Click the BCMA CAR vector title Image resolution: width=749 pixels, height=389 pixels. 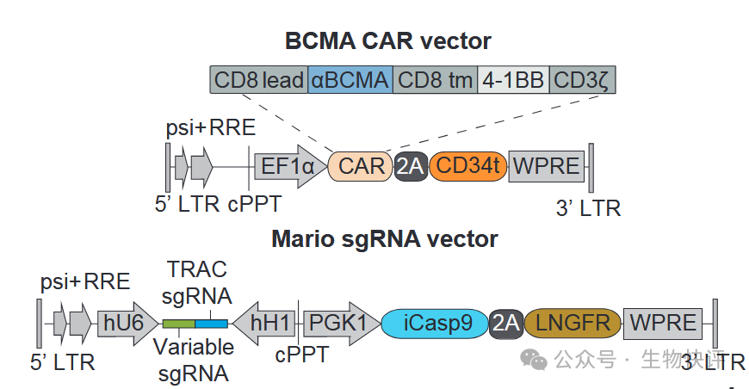(387, 40)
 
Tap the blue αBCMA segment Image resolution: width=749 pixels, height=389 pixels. (350, 81)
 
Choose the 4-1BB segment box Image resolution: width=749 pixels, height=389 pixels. (513, 81)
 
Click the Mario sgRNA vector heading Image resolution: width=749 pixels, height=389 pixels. (385, 238)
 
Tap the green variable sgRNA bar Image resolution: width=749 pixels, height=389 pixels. (178, 324)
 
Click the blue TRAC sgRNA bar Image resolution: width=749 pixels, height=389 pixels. (211, 324)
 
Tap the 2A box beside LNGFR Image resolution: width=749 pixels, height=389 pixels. (504, 323)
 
